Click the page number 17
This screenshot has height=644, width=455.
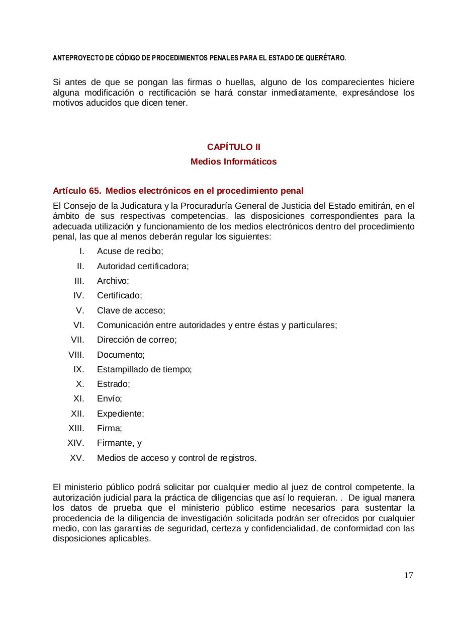click(x=408, y=576)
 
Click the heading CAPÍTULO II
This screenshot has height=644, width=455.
click(x=233, y=147)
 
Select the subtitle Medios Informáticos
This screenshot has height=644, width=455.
click(x=233, y=162)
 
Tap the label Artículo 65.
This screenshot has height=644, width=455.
click(x=76, y=191)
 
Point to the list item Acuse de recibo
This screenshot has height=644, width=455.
click(x=130, y=251)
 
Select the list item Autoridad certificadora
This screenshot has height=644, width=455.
click(x=143, y=266)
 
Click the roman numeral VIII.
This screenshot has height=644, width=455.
click(x=76, y=355)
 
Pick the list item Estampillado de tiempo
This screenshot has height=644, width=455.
click(x=144, y=369)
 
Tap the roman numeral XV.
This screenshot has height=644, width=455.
click(x=77, y=458)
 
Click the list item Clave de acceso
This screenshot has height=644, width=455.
click(x=131, y=310)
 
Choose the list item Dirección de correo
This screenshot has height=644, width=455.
click(x=137, y=340)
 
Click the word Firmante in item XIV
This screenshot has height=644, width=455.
click(x=114, y=443)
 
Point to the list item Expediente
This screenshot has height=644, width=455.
click(x=120, y=414)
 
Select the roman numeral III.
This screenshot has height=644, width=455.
click(x=79, y=281)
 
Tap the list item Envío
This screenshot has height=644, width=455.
click(x=109, y=399)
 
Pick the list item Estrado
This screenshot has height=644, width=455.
click(x=113, y=384)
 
